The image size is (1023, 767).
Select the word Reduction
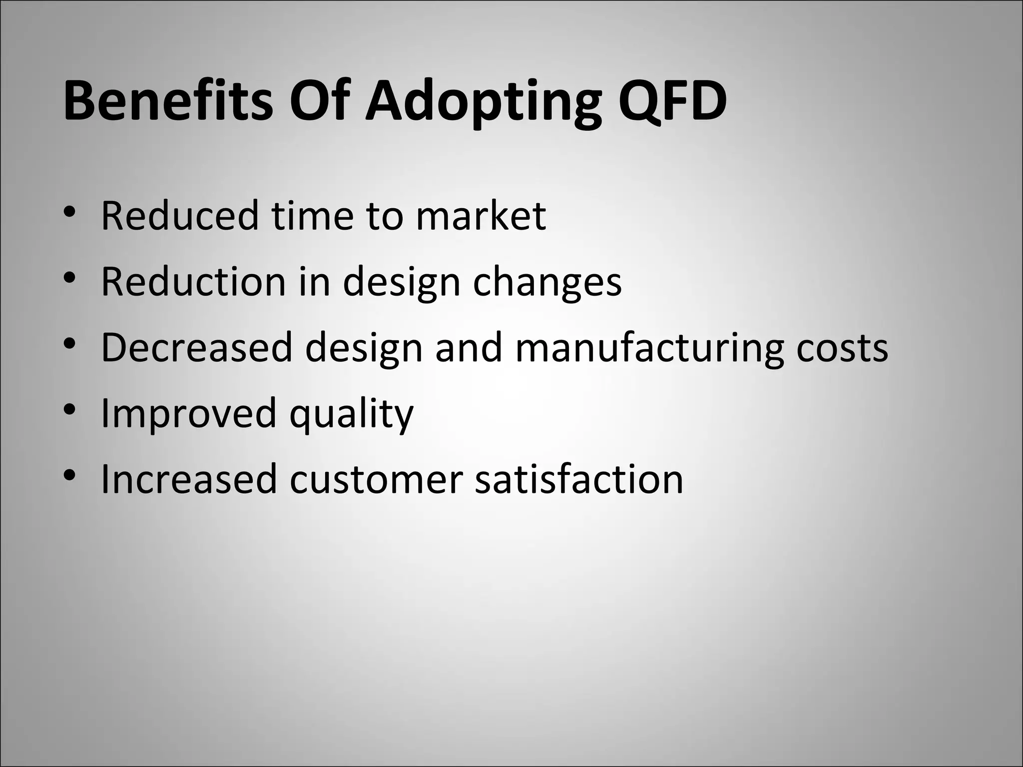193,282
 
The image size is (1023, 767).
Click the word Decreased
196,348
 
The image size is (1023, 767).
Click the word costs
842,348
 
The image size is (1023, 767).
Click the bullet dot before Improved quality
69,409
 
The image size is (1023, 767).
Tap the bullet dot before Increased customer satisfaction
69,475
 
